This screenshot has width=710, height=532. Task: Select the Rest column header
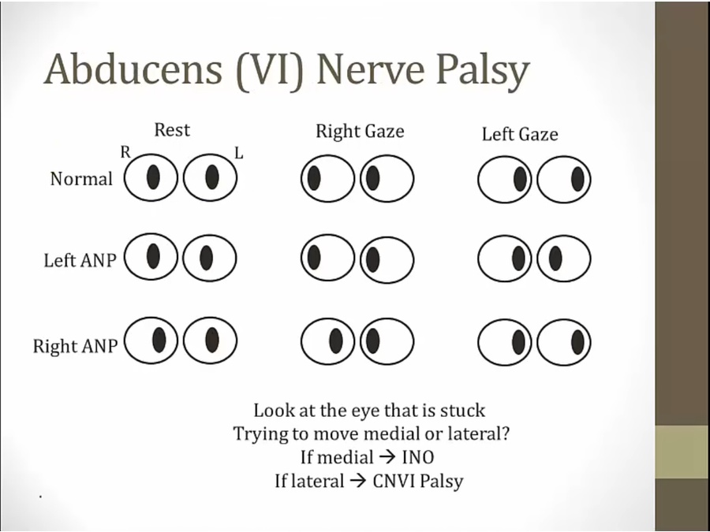point(172,128)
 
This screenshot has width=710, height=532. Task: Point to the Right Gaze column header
point(360,132)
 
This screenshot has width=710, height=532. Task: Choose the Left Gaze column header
point(520,135)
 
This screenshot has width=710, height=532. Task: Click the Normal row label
point(81,179)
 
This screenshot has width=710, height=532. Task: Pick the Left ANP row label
point(80,260)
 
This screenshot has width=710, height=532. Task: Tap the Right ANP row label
point(75,346)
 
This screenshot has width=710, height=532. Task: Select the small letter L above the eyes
point(239,154)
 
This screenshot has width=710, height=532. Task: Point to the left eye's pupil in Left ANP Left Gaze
point(555,258)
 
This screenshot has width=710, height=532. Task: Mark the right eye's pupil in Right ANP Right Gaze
point(336,341)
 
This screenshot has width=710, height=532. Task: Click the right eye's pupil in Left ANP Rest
point(154,255)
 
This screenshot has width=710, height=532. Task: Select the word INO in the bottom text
point(417,457)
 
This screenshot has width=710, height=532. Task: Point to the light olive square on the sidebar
point(682,452)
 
